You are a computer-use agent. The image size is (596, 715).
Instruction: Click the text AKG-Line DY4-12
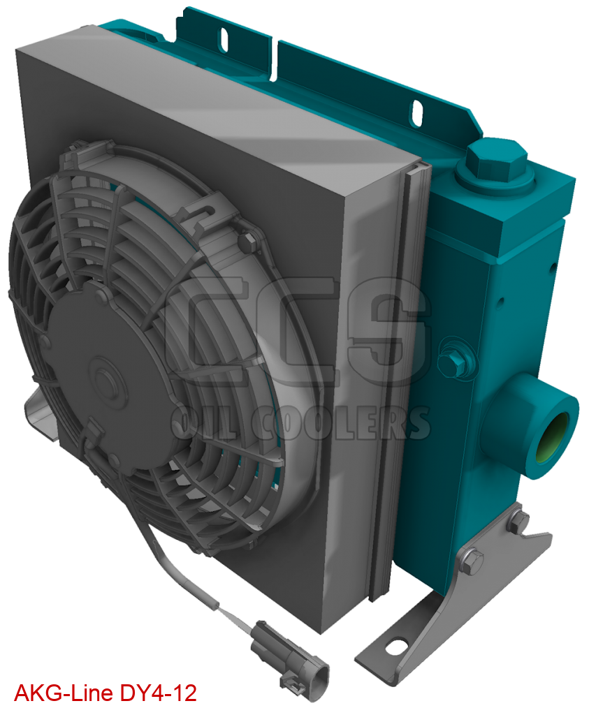(x=105, y=693)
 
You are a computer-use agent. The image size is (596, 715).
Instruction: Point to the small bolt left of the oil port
(x=453, y=361)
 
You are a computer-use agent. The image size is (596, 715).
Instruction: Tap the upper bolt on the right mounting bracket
(x=517, y=520)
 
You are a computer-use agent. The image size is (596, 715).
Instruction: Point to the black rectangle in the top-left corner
(x=91, y=8)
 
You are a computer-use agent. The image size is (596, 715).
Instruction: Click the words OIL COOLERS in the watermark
(x=300, y=423)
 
